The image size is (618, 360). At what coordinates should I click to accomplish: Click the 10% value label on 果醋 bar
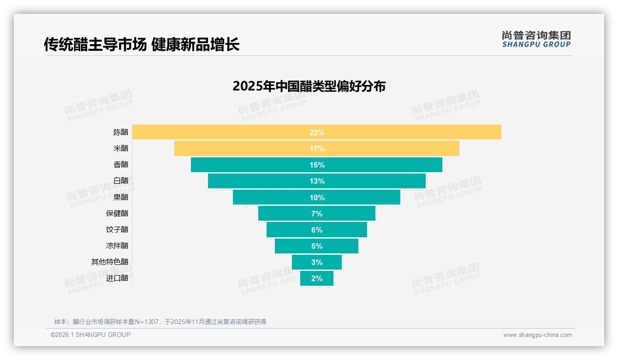point(317,198)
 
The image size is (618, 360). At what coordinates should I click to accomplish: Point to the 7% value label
point(317,214)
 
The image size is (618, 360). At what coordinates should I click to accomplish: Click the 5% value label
point(317,246)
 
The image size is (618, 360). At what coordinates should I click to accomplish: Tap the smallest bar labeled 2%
point(317,278)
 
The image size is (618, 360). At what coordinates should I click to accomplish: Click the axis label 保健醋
point(117,213)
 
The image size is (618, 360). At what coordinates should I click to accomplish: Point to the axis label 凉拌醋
point(117,246)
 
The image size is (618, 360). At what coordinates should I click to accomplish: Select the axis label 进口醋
point(117,278)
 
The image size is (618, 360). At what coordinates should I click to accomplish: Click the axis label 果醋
point(121,197)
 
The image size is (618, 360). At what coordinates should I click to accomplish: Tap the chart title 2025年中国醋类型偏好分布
point(309,86)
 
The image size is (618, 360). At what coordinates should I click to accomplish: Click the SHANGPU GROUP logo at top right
point(536,39)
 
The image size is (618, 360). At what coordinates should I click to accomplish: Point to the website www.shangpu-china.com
point(537,335)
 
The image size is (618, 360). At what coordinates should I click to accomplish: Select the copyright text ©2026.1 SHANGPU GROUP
point(90,335)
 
